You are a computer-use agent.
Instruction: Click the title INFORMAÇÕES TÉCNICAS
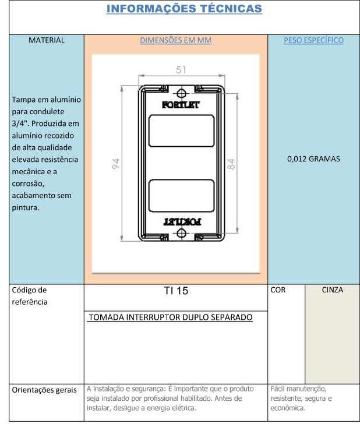[x=184, y=9]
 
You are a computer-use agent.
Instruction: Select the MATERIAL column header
[x=47, y=40]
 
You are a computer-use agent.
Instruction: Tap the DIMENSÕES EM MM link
[x=176, y=40]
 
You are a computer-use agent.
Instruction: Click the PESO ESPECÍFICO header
[x=313, y=40]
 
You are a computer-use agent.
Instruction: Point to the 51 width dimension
[x=181, y=70]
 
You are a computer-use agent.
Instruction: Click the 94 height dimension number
[x=116, y=164]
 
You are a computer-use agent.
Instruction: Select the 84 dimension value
[x=231, y=164]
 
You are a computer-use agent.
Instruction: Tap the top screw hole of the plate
[x=181, y=94]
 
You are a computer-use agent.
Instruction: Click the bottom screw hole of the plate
[x=181, y=233]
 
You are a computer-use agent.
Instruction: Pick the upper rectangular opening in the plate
[x=182, y=130]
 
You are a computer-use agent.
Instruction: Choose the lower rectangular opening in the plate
[x=182, y=196]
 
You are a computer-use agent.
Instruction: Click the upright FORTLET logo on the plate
[x=181, y=105]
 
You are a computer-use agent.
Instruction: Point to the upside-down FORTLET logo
[x=182, y=222]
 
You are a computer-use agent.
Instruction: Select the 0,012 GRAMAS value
[x=313, y=159]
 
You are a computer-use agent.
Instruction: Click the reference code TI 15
[x=176, y=291]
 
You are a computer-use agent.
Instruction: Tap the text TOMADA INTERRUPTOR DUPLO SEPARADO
[x=171, y=317]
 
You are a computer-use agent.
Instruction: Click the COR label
[x=278, y=290]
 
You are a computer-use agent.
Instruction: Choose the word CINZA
[x=332, y=290]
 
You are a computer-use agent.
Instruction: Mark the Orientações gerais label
[x=44, y=390]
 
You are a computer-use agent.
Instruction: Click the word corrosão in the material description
[x=28, y=184]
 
